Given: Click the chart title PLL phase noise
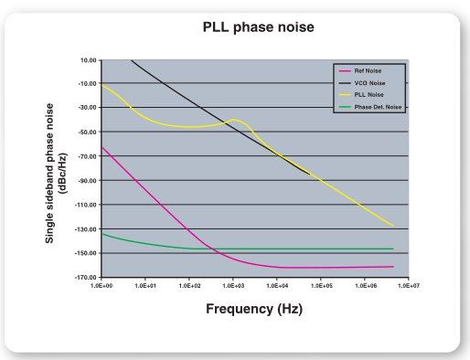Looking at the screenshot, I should pyautogui.click(x=258, y=27).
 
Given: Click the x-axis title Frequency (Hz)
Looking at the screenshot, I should pyautogui.click(x=253, y=309).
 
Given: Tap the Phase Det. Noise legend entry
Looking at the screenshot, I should pyautogui.click(x=373, y=107).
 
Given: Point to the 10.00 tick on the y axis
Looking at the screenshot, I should pyautogui.click(x=88, y=60).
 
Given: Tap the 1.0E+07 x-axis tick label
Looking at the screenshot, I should pyautogui.click(x=408, y=286).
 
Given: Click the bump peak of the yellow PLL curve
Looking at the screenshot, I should pyautogui.click(x=236, y=120).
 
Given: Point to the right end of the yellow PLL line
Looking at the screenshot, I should pyautogui.click(x=393, y=227).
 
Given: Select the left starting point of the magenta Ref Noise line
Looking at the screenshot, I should pyautogui.click(x=101, y=147).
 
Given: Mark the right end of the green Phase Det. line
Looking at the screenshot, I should pyautogui.click(x=393, y=249).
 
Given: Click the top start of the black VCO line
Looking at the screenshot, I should pyautogui.click(x=133, y=60).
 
